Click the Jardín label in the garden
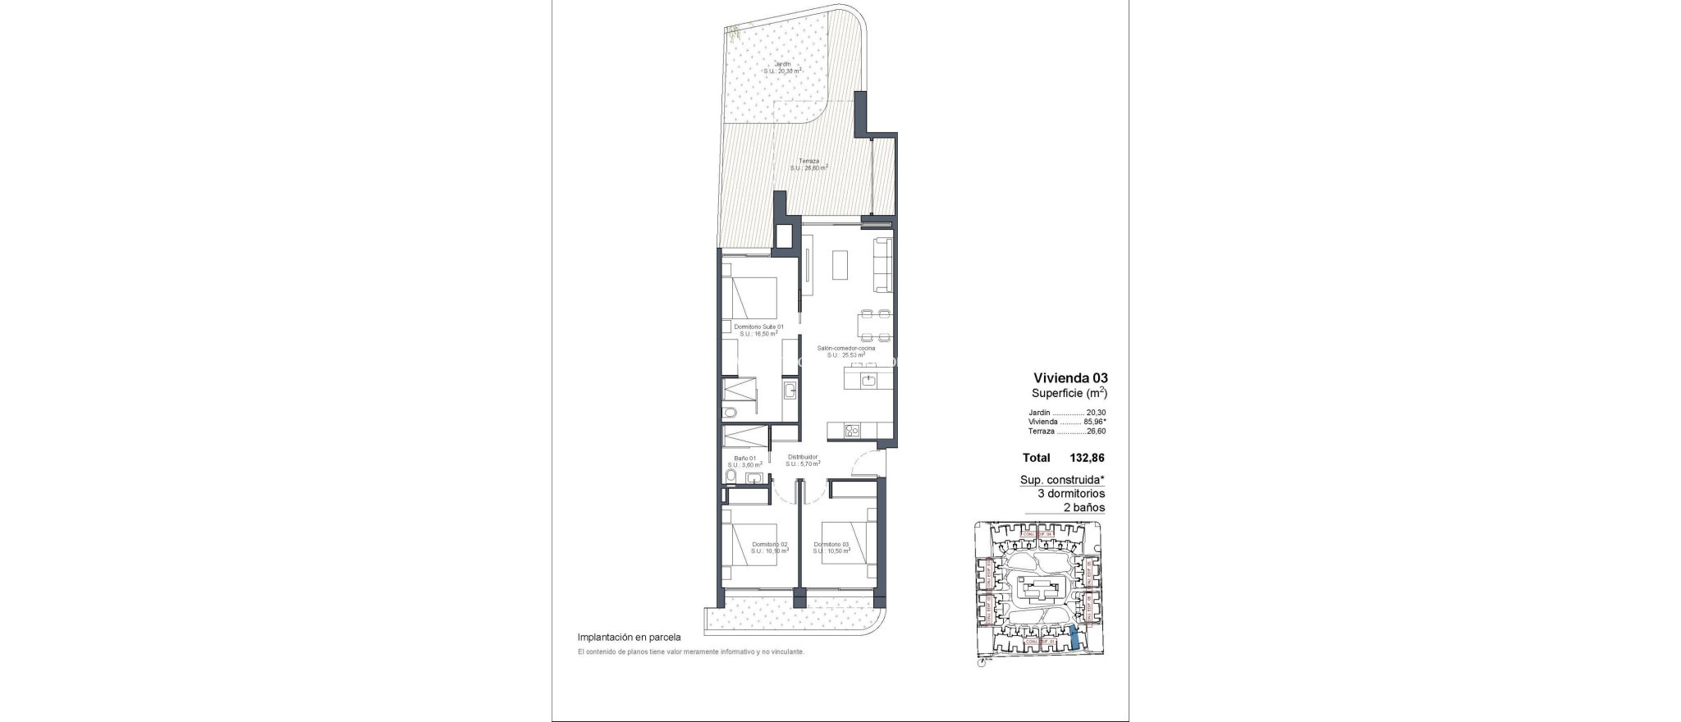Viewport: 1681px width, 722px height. (x=208, y=63)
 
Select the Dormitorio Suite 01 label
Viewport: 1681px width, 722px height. (x=184, y=327)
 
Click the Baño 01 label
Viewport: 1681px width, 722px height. (x=170, y=459)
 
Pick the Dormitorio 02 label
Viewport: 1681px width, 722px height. (x=195, y=544)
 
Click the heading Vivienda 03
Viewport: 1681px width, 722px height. (x=1070, y=378)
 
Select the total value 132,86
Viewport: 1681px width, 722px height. (x=1088, y=458)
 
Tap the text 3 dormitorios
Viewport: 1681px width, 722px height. (x=1071, y=493)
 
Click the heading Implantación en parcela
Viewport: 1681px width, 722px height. (x=629, y=636)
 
